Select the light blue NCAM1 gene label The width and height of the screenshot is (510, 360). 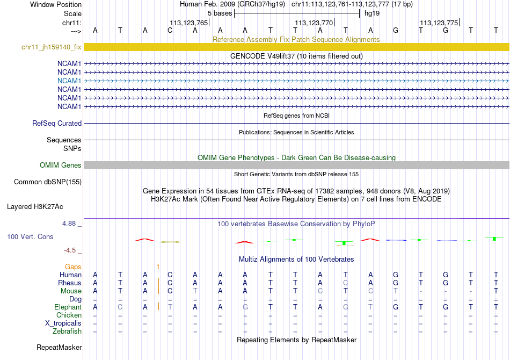pyautogui.click(x=69, y=81)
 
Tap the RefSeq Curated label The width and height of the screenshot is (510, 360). pyautogui.click(x=57, y=124)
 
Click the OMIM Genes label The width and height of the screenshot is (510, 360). pyautogui.click(x=60, y=165)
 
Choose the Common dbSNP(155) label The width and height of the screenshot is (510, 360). pyautogui.click(x=48, y=182)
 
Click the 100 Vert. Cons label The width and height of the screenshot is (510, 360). pyautogui.click(x=30, y=237)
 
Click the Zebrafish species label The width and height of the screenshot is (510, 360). pyautogui.click(x=67, y=332)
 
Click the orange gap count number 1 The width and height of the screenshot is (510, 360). pyautogui.click(x=158, y=267)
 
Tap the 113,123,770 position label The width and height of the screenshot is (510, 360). pyautogui.click(x=314, y=23)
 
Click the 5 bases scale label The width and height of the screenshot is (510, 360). pyautogui.click(x=220, y=13)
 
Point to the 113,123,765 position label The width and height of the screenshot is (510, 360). pyautogui.click(x=188, y=23)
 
